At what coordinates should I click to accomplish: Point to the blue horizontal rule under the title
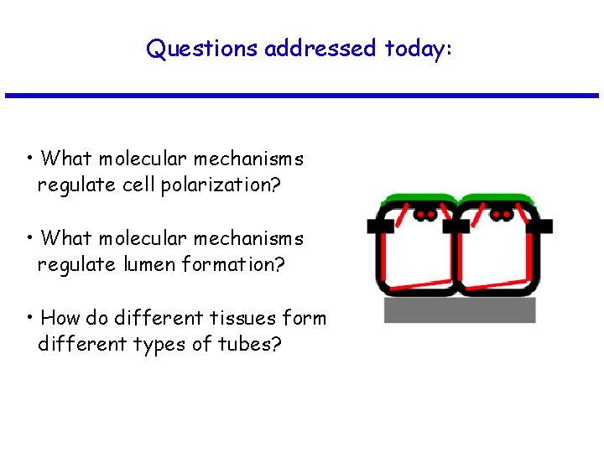[x=302, y=96]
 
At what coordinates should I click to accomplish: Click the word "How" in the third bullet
[x=58, y=318]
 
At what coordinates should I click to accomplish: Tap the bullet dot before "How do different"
[x=29, y=317]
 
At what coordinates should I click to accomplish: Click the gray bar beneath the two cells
[x=460, y=310]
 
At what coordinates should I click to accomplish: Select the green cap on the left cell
[x=418, y=200]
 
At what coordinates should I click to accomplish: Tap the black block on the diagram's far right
[x=544, y=226]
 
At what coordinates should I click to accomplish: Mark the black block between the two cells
[x=457, y=226]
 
